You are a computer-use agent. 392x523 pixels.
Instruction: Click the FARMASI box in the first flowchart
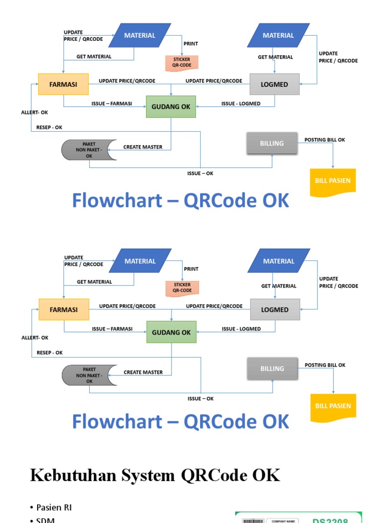click(63, 84)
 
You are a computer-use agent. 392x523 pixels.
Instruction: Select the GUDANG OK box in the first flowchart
click(171, 107)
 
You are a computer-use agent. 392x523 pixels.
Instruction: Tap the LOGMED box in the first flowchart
click(275, 84)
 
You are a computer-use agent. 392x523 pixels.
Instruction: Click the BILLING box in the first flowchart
click(272, 144)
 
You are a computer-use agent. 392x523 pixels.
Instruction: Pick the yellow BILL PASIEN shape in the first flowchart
click(333, 181)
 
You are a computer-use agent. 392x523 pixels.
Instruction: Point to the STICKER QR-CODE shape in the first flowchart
click(182, 62)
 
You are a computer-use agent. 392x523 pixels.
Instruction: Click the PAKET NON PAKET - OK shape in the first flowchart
click(89, 150)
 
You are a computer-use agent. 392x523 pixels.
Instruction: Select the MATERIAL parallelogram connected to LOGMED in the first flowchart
click(278, 35)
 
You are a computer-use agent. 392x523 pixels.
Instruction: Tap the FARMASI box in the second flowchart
click(64, 310)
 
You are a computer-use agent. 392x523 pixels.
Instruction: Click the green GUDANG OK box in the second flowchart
click(171, 332)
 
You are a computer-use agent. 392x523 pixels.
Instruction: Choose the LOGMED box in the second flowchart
click(275, 310)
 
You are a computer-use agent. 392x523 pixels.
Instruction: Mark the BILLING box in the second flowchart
click(272, 369)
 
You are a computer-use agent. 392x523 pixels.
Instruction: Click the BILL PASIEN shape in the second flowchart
click(333, 406)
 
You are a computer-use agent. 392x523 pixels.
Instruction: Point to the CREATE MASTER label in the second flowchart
click(143, 372)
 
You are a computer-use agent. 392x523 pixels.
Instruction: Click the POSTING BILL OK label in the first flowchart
click(325, 140)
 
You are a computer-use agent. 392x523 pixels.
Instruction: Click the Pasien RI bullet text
click(54, 507)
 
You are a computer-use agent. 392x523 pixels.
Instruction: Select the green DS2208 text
click(330, 520)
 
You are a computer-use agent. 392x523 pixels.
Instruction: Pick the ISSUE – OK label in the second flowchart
click(201, 399)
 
